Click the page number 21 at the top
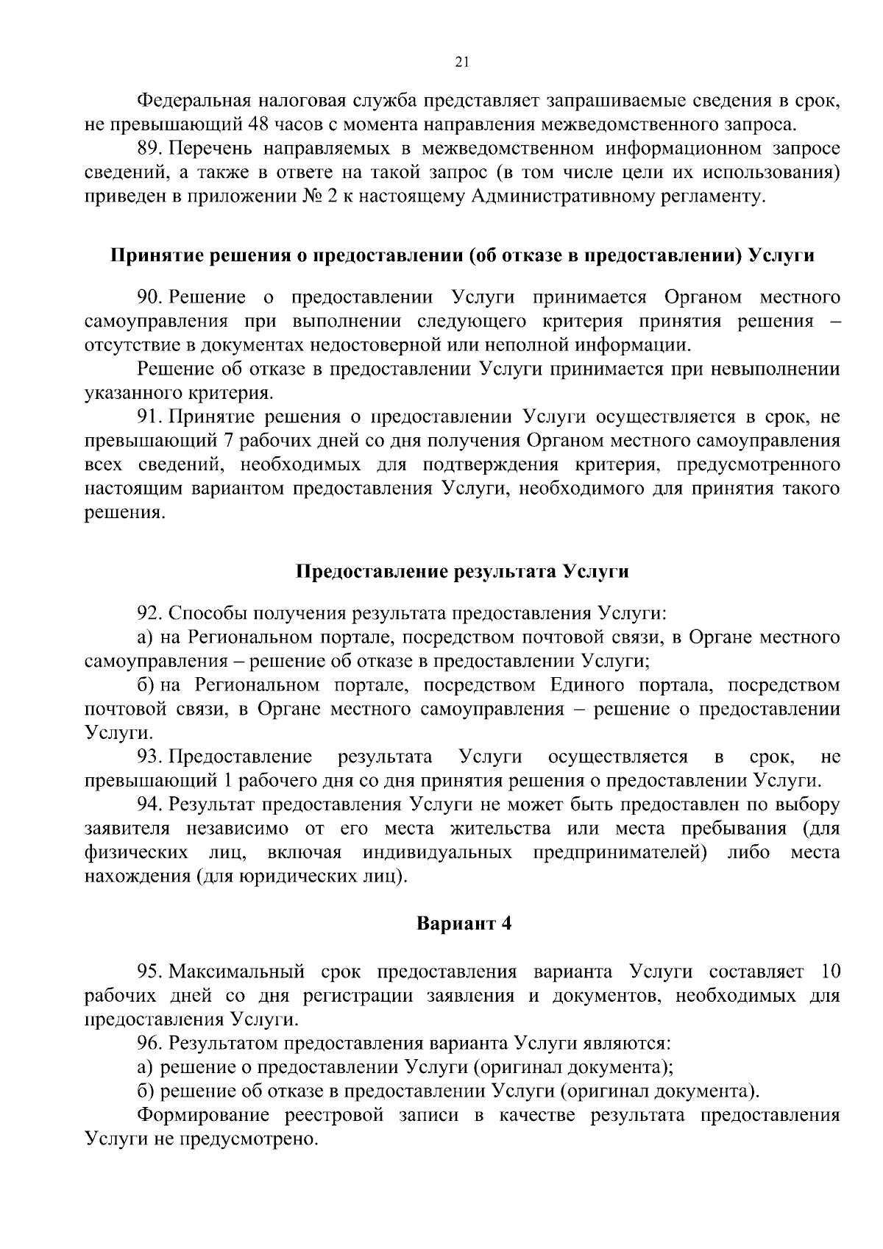tap(462, 63)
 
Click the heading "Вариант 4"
tap(464, 924)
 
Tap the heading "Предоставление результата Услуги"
tap(462, 572)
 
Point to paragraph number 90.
tap(150, 297)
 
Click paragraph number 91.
tap(150, 417)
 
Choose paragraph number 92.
tap(150, 613)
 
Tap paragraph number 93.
tap(150, 757)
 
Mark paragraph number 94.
tap(150, 804)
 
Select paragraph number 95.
tap(150, 972)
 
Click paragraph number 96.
tap(150, 1043)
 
